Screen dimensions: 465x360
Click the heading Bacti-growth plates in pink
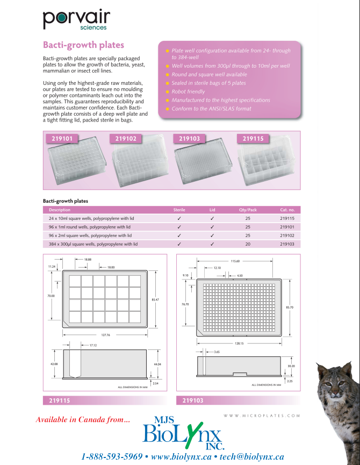tap(83, 45)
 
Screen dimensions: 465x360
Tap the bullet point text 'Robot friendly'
tap(188, 91)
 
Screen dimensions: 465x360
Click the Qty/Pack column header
tap(248, 210)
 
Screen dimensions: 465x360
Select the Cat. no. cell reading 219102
tap(287, 235)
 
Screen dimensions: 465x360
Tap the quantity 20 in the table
tap(248, 244)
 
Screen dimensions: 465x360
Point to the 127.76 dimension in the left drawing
tap(105, 335)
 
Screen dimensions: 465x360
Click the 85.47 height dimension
tap(156, 299)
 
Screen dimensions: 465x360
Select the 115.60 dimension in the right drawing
tap(235, 261)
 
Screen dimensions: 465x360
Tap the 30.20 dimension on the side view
tap(291, 366)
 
